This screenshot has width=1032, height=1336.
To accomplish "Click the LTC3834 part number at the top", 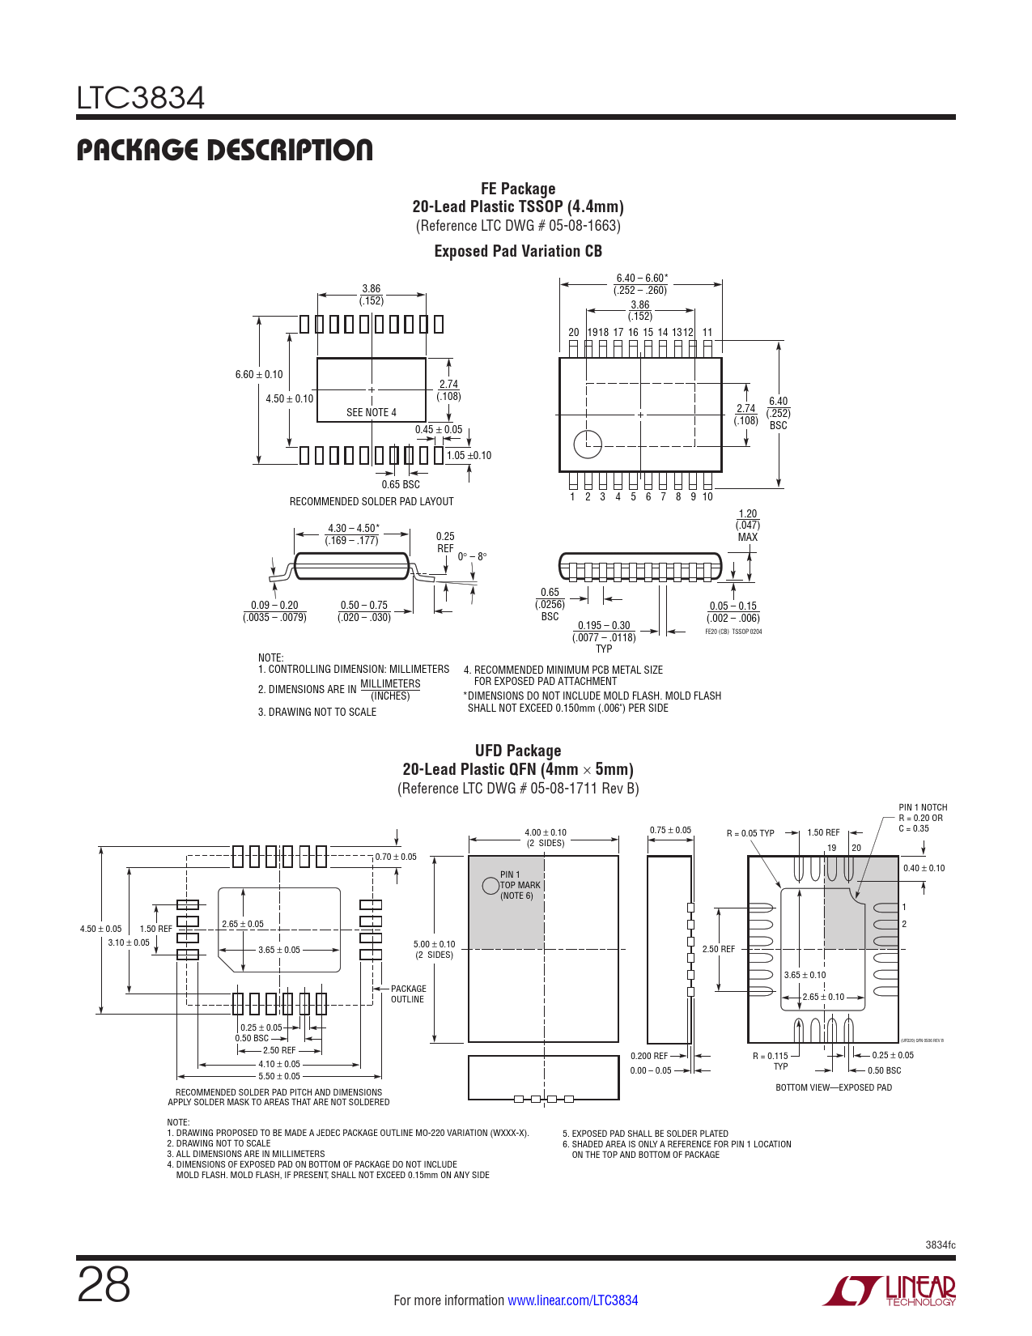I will pos(141,98).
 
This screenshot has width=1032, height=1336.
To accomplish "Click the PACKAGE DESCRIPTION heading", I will pos(224,150).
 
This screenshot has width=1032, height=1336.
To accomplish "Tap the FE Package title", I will pos(518,189).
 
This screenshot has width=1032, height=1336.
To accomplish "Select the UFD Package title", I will pos(518,751).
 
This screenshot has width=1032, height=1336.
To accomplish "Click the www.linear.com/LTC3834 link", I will pos(572,1300).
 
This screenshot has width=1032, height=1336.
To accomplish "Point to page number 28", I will pos(104,1285).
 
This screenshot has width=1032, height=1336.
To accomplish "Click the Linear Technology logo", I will pos(890,1291).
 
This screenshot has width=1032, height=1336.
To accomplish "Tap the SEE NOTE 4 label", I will pos(371,412).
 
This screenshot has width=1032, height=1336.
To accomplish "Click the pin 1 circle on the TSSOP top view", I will pos(588,443).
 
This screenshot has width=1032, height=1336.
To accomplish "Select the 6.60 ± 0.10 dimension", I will pos(259,374).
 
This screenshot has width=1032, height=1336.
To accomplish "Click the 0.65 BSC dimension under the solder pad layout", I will pos(401,484).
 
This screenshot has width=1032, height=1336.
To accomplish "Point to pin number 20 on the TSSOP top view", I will pos(573,332).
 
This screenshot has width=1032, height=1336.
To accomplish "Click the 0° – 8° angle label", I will pos(472,556).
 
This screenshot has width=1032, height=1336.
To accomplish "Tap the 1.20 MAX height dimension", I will pos(748,525).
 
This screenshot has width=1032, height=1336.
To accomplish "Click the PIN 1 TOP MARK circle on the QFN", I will pos(491,885).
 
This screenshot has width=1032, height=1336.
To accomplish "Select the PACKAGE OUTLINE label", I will pos(408,993).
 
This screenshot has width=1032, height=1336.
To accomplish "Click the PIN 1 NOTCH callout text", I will pos(922,817).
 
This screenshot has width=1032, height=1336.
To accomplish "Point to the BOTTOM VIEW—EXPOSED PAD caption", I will pos(834,1087).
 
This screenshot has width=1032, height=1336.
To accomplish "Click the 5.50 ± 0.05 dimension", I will pos(279,1076).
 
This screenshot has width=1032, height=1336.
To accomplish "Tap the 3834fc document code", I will pos(940,1245).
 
